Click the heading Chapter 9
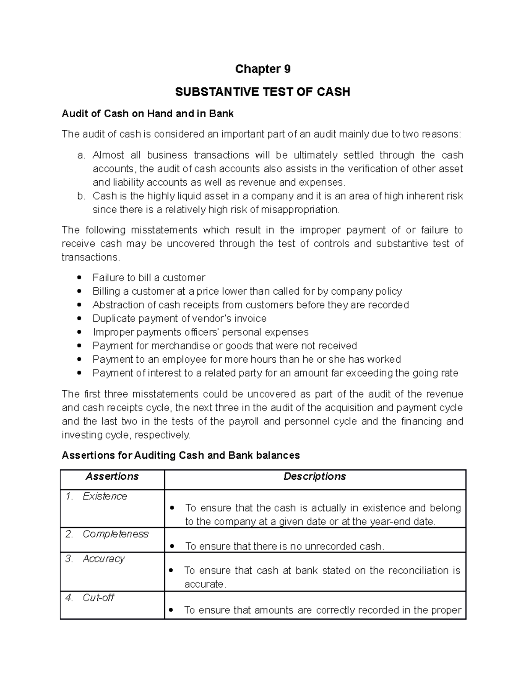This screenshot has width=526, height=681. pos(263,69)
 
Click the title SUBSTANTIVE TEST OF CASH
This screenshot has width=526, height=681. pos(263,92)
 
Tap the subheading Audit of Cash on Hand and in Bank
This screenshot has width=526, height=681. pos(148,114)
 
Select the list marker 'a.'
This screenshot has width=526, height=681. pos(80,155)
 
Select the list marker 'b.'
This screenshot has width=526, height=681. pos(80,196)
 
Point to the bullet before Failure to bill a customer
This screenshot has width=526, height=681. pos(79,278)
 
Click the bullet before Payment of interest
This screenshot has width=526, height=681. pos(79,373)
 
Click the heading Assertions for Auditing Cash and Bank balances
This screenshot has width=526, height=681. pos(181,456)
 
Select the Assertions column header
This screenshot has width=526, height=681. pos(112,477)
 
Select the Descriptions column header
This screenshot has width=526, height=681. pos(315,477)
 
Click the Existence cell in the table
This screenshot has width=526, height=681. pos(105,496)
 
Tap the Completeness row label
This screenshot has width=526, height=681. pos(115,534)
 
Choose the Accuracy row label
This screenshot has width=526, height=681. pos(103,559)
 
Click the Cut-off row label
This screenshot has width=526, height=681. pos(98,598)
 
